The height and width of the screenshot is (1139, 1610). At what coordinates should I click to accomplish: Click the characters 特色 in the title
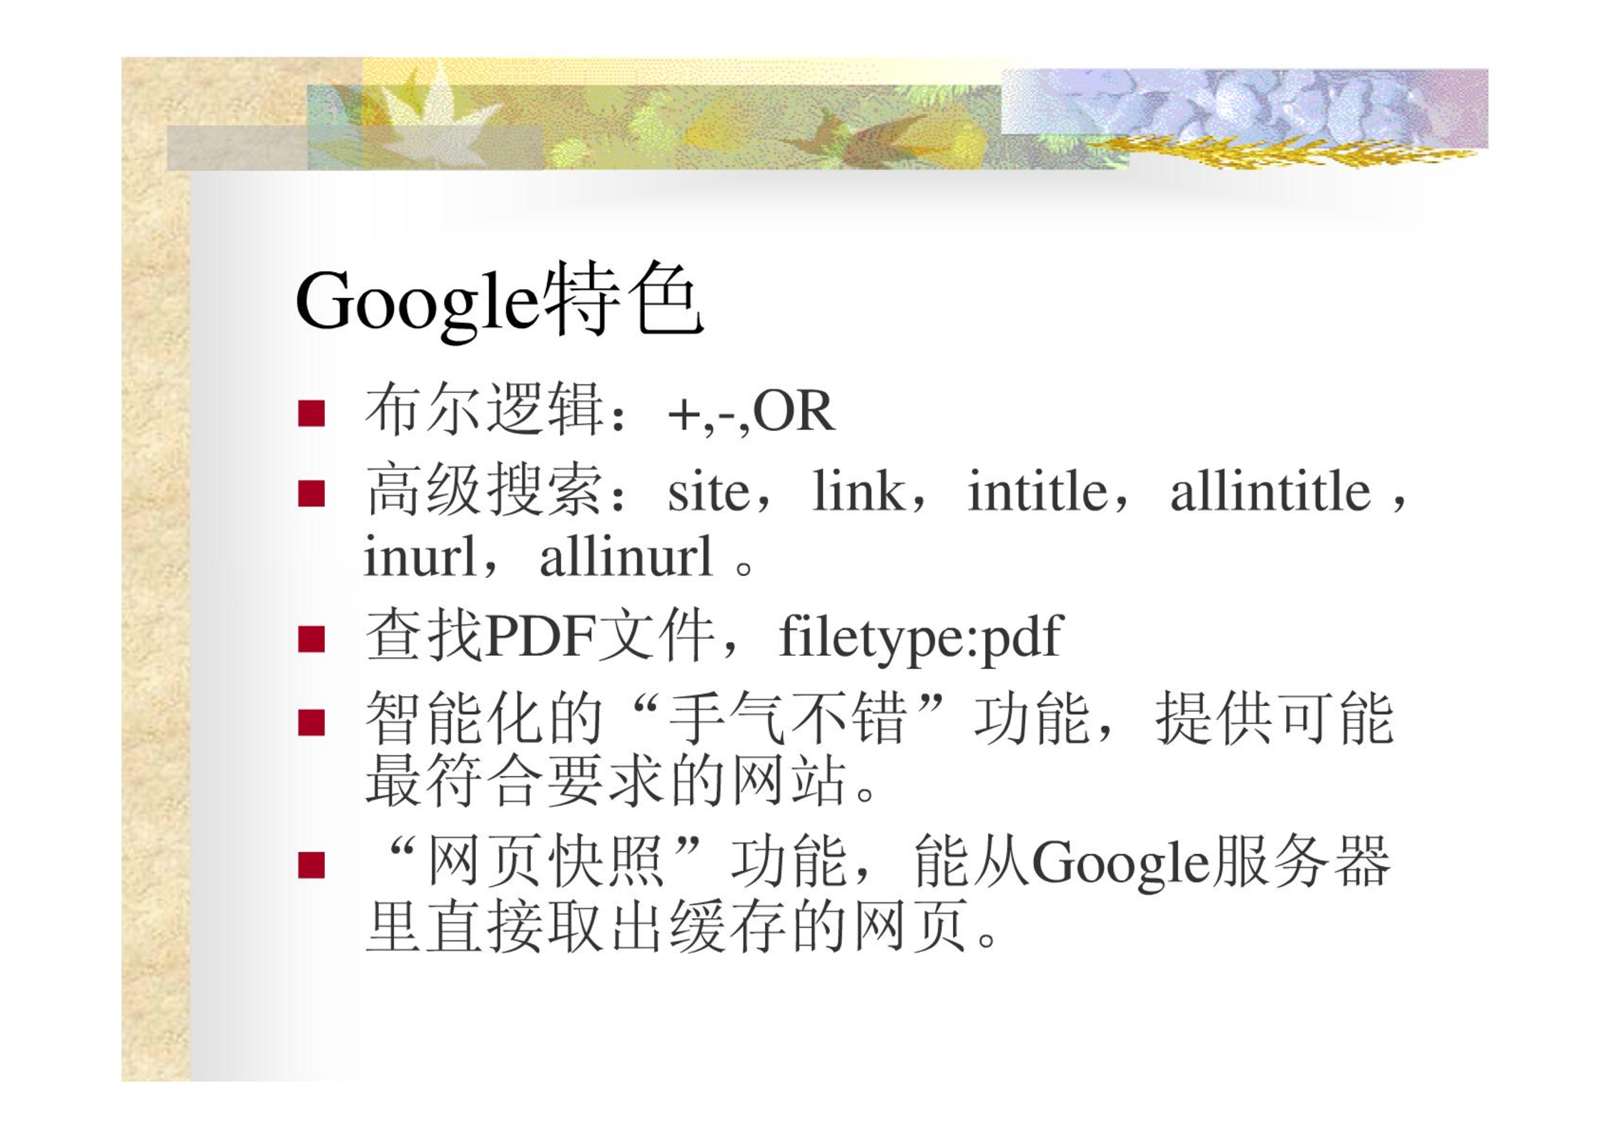(x=622, y=298)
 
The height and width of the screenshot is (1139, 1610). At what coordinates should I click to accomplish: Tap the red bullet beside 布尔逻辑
(x=312, y=414)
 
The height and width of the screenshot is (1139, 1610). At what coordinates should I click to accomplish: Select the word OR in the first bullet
(x=794, y=412)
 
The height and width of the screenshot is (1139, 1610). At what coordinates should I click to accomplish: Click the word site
(x=708, y=492)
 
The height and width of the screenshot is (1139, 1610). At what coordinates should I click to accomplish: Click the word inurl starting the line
(x=420, y=556)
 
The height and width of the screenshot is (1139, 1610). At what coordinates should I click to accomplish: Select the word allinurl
(x=626, y=556)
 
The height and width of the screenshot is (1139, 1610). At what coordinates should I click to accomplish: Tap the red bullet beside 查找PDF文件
(x=312, y=639)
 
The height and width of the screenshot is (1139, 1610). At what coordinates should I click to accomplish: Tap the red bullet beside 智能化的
(x=312, y=722)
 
